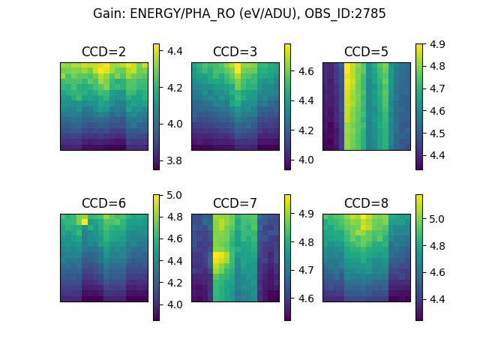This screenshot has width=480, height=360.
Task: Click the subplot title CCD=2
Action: pyautogui.click(x=103, y=52)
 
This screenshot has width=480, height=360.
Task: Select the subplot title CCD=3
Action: pyautogui.click(x=235, y=52)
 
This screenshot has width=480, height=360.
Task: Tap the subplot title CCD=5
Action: pyautogui.click(x=366, y=52)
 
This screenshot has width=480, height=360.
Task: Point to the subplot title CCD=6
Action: pyautogui.click(x=103, y=203)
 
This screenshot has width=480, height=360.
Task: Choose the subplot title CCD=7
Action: pyautogui.click(x=235, y=203)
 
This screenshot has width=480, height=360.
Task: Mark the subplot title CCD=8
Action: pyautogui.click(x=366, y=203)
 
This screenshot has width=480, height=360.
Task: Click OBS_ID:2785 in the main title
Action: pyautogui.click(x=345, y=13)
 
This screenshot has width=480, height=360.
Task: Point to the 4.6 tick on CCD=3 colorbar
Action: pyautogui.click(x=307, y=71)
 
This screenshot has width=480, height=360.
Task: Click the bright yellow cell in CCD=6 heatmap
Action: pyautogui.click(x=85, y=221)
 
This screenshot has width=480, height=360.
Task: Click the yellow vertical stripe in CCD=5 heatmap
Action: pyautogui.click(x=348, y=105)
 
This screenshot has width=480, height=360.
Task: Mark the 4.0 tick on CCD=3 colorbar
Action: pyautogui.click(x=307, y=160)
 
